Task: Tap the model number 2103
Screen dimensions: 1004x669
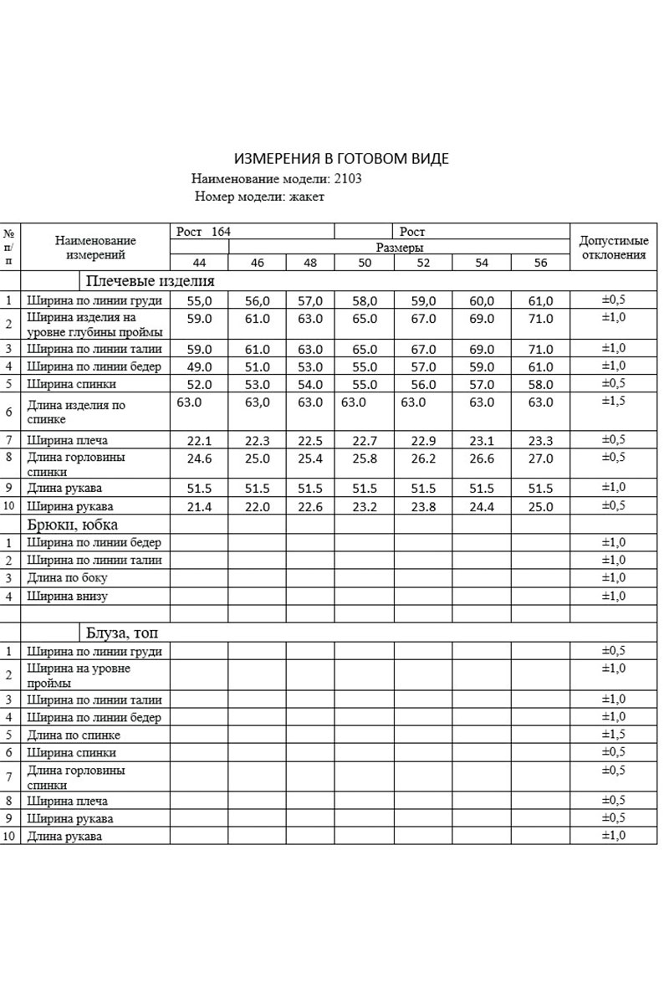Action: (347, 178)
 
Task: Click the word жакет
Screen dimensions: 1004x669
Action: (306, 197)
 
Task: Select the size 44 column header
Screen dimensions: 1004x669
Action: (199, 263)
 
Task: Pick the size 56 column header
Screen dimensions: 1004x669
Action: (540, 263)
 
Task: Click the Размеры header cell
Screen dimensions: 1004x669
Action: (399, 248)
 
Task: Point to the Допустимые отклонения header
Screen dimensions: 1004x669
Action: (614, 248)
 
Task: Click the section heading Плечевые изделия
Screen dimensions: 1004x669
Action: (150, 281)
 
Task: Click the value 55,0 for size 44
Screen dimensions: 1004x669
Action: (199, 300)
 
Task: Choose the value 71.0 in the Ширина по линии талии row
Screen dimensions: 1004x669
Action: (540, 349)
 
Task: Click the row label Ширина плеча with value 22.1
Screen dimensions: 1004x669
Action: (67, 440)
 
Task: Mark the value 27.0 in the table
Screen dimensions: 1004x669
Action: (540, 458)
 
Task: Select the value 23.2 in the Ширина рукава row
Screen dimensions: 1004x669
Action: (365, 506)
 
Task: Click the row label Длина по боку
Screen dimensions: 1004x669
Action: (67, 578)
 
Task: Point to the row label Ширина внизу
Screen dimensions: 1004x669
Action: (67, 597)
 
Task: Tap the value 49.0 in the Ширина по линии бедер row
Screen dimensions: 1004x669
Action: (199, 366)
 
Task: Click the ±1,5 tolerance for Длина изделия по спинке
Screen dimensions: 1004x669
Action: (614, 402)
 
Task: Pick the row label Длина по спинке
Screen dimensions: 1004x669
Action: (74, 735)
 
